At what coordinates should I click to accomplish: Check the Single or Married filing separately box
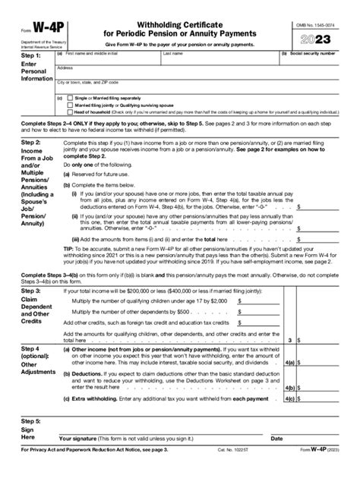(69, 99)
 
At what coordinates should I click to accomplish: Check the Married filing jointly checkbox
(69, 105)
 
